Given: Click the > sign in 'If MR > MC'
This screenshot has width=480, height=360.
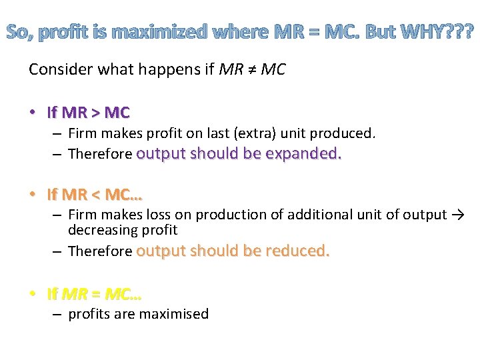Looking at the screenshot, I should pyautogui.click(x=100, y=112).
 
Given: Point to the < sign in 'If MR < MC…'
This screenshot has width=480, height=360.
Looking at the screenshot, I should pyautogui.click(x=100, y=195).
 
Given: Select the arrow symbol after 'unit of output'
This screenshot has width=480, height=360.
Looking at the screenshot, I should pyautogui.click(x=458, y=215).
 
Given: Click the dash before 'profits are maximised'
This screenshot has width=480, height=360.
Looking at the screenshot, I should pyautogui.click(x=58, y=314).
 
